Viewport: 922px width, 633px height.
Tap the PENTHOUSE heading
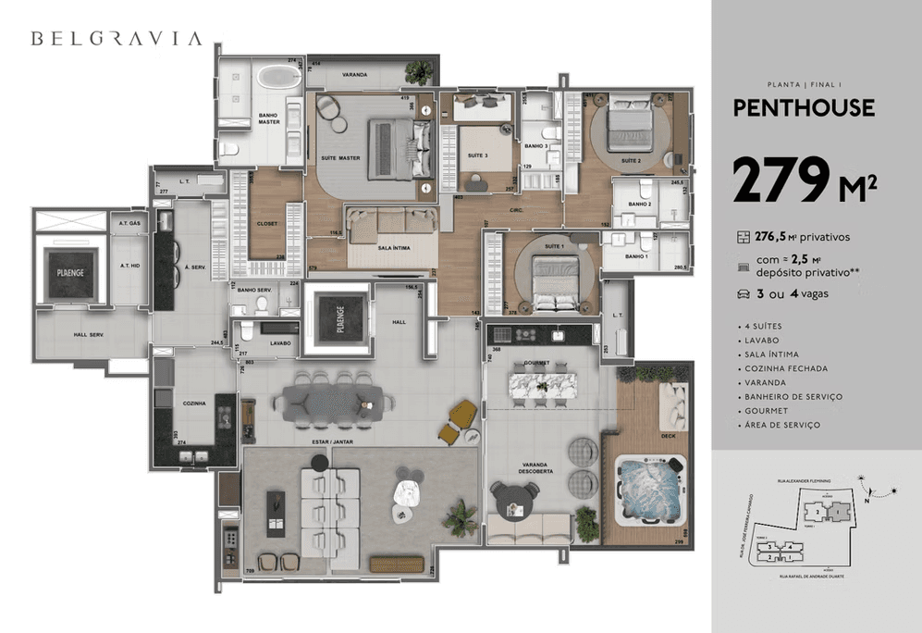[803, 107]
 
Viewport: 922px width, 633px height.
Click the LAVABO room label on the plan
[280, 343]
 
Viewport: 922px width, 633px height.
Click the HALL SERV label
[92, 337]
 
